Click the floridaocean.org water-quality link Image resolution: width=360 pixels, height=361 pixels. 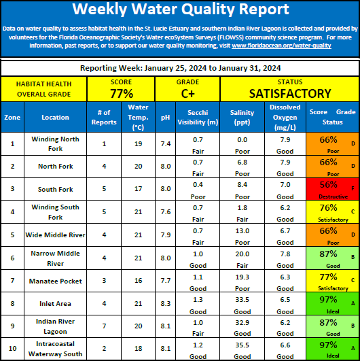(281, 46)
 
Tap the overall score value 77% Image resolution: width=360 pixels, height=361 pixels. (122, 93)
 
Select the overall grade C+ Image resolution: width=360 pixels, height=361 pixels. (187, 93)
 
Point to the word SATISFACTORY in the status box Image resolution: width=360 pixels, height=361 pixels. (290, 93)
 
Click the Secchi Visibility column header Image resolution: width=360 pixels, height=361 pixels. (198, 117)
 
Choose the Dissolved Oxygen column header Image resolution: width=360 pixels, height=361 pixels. (285, 117)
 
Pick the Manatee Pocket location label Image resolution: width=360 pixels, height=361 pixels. (55, 281)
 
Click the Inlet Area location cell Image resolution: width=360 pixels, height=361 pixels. (55, 304)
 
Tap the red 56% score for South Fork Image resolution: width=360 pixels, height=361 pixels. (328, 184)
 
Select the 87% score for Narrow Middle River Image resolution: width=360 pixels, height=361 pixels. (328, 254)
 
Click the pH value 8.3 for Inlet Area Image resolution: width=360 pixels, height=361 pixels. (166, 304)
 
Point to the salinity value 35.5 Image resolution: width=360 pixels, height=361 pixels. (242, 345)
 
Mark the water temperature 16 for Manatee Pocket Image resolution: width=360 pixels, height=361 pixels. (139, 281)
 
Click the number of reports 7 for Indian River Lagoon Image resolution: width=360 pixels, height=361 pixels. (104, 326)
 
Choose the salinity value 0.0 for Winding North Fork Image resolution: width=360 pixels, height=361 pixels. (242, 140)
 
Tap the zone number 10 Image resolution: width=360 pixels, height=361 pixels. (12, 348)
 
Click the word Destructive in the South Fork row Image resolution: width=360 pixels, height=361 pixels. (333, 196)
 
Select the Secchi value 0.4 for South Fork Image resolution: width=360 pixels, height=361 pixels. (198, 185)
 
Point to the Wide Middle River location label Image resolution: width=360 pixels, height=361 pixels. (55, 235)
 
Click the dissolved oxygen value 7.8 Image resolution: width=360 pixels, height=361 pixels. (285, 254)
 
